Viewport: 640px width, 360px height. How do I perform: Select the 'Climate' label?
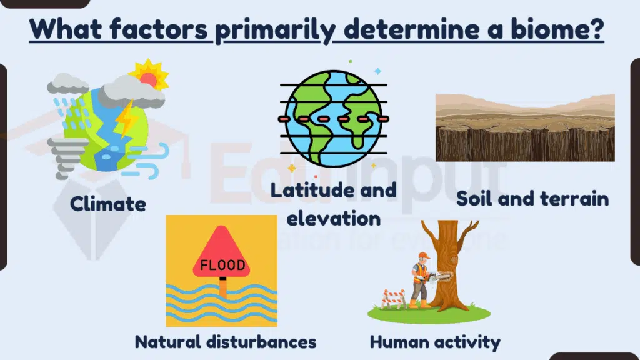pyautogui.click(x=107, y=203)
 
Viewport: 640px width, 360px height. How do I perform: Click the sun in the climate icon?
pyautogui.click(x=149, y=77)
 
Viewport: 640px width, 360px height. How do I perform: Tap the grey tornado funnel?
pyautogui.click(x=69, y=156)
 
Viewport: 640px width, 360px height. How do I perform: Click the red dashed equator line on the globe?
pyautogui.click(x=331, y=117)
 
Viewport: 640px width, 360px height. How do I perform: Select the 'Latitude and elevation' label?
pyautogui.click(x=332, y=204)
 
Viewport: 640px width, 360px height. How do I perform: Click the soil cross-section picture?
pyautogui.click(x=525, y=127)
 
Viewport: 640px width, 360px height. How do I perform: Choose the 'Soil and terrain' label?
pyautogui.click(x=532, y=199)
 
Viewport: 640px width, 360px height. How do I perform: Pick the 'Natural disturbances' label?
pyautogui.click(x=226, y=342)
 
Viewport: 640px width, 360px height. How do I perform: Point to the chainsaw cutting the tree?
pyautogui.click(x=439, y=276)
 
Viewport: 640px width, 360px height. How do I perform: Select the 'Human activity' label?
pyautogui.click(x=435, y=342)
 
